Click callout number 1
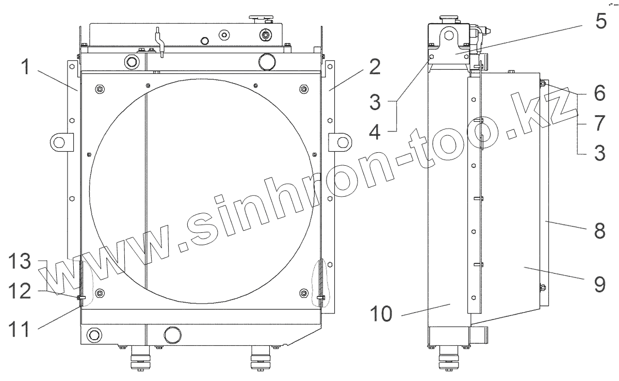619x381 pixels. [26, 67]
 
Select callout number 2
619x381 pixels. [374, 67]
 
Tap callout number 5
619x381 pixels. [601, 21]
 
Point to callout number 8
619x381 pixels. [599, 231]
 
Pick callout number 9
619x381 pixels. [599, 285]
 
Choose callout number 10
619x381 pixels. [381, 313]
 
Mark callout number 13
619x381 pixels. [20, 261]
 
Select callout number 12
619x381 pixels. [20, 291]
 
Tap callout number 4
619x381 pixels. [374, 132]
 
